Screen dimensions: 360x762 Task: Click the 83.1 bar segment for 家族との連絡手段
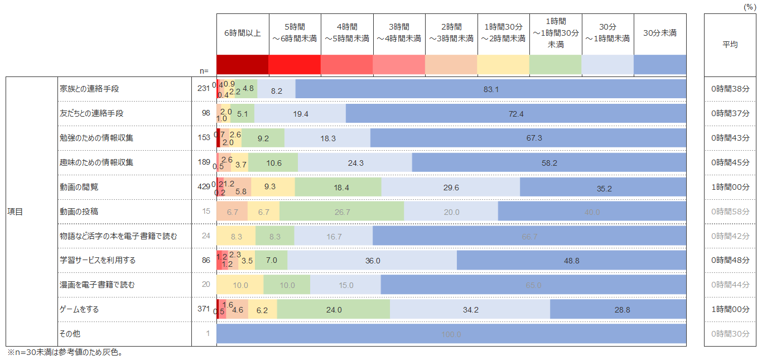pos(491,89)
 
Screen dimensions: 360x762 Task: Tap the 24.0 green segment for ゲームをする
pos(334,309)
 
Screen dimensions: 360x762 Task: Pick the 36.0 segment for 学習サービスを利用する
pos(372,261)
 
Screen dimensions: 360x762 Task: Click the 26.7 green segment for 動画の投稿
pos(341,212)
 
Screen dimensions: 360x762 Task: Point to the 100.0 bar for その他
pos(451,334)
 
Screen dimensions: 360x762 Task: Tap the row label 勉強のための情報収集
pos(97,138)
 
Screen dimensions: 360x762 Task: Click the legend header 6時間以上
pos(243,33)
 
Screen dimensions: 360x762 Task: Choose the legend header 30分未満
pos(660,33)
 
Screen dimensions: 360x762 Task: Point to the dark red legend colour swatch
pos(243,65)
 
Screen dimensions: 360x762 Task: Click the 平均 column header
pos(730,45)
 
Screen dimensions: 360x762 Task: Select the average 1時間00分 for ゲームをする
pos(730,309)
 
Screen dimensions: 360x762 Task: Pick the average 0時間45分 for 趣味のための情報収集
pos(730,162)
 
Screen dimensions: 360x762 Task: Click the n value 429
pos(203,187)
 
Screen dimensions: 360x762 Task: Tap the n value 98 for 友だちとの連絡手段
pos(205,113)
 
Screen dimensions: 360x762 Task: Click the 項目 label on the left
pos(15,212)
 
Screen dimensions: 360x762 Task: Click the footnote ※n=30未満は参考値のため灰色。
pos(64,353)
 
